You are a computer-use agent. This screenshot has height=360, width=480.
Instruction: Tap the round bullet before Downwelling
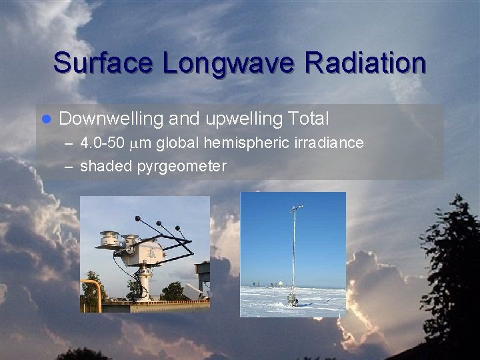(x=46, y=120)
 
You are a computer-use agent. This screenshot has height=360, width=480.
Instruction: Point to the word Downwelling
(x=111, y=119)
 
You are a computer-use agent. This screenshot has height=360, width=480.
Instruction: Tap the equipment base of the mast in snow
(x=293, y=300)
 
